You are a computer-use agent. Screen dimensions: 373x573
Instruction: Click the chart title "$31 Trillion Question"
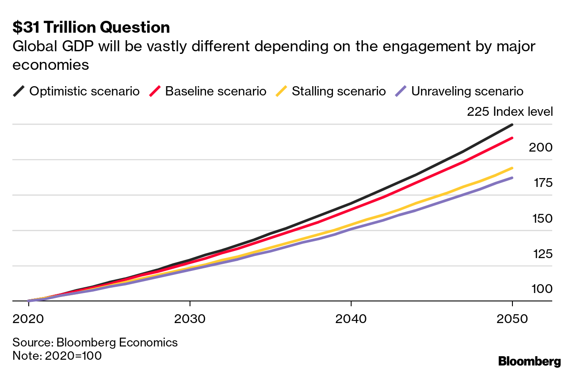pos(91,27)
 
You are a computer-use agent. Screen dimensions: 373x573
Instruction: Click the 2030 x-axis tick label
pos(190,319)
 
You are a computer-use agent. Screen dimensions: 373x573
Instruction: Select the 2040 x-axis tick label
pos(351,319)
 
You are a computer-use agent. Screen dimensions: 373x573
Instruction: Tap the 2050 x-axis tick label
pos(512,319)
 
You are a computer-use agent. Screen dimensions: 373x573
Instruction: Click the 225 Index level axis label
pos(509,112)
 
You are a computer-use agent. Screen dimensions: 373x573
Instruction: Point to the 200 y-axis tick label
pos(540,147)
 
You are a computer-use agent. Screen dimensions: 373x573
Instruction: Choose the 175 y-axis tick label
pos(540,183)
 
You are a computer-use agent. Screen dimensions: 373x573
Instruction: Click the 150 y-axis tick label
pos(540,218)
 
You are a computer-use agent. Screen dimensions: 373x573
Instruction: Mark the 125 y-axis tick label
pos(540,254)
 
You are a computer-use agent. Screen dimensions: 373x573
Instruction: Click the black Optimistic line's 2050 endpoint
pos(512,125)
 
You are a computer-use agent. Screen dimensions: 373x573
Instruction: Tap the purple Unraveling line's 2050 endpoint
pos(512,178)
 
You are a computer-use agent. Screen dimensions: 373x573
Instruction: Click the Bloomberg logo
pos(529,361)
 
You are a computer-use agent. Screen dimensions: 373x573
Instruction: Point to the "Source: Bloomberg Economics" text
pos(95,343)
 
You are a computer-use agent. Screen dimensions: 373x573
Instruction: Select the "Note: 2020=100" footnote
pos(57,355)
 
